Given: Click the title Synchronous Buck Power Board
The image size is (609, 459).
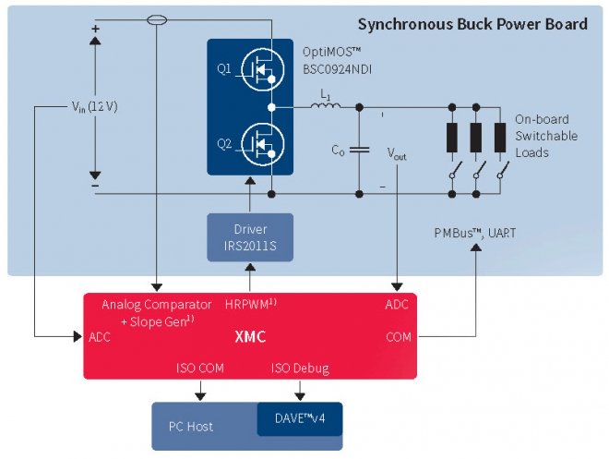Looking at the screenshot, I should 472,24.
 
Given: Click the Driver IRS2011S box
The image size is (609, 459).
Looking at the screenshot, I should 249,236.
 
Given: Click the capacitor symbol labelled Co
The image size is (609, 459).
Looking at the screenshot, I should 360,149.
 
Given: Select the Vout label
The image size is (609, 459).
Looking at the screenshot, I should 396,154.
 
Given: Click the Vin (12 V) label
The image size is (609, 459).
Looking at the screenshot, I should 95,106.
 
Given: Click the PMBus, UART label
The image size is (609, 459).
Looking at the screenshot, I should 474,234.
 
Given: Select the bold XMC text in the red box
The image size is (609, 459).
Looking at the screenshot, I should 250,337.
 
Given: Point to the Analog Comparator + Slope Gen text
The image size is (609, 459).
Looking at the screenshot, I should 150,311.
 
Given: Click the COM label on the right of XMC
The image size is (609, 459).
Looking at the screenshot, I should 399,337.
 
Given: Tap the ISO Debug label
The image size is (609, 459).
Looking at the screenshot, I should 299,368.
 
